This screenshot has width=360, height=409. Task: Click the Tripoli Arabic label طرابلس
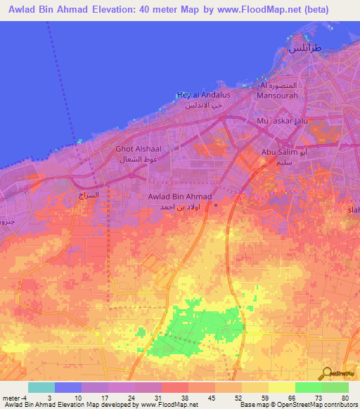(304, 49)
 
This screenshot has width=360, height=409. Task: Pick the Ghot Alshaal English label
(139, 149)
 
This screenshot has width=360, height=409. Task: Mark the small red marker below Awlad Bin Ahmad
(215, 206)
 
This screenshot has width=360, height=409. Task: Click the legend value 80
(345, 398)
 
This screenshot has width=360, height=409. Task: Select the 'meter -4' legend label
(15, 398)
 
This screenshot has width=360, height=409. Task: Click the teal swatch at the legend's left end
(41, 387)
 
